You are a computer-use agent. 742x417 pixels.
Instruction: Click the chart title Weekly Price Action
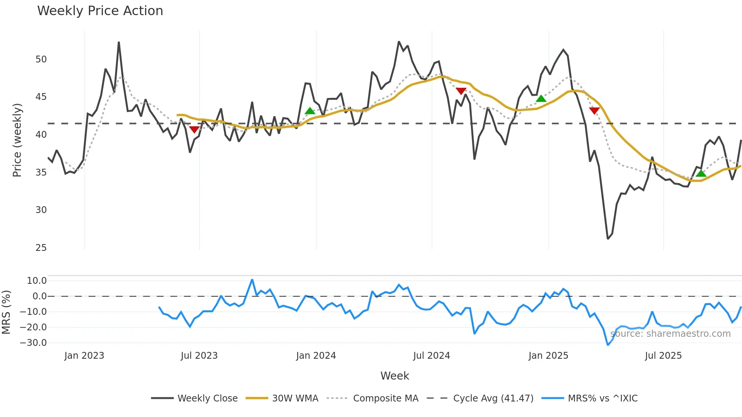(x=100, y=11)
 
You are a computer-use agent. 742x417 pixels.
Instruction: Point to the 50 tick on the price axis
(x=41, y=59)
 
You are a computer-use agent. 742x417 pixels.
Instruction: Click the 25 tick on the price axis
(x=41, y=248)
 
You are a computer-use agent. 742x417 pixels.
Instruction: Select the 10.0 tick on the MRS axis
(x=36, y=281)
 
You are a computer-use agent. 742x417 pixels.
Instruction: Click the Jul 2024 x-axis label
(x=431, y=356)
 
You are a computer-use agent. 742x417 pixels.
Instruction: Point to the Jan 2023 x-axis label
(x=84, y=356)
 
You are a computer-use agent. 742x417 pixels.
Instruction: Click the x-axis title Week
(x=394, y=376)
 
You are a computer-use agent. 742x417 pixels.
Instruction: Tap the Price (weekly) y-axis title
(x=17, y=140)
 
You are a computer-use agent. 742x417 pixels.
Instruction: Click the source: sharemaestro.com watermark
(x=670, y=334)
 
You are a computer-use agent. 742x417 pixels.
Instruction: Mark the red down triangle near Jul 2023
(x=194, y=130)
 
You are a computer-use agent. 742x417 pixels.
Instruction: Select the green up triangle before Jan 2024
(x=310, y=111)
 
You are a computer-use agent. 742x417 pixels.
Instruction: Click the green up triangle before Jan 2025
(x=541, y=99)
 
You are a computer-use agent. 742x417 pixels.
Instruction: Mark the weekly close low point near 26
(x=608, y=239)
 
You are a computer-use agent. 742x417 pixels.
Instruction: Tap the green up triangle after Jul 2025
(x=701, y=173)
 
